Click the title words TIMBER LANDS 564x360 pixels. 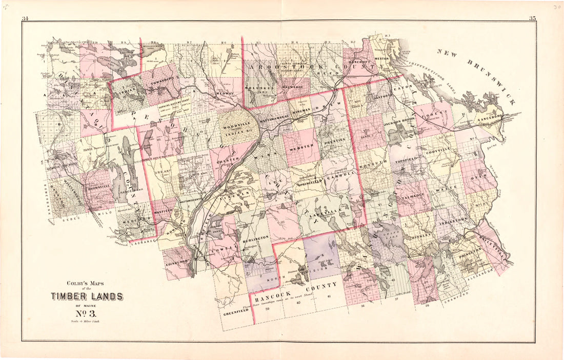click(x=87, y=296)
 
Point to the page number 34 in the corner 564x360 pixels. click(x=25, y=19)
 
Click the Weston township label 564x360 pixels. click(x=382, y=59)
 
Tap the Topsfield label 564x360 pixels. click(x=408, y=160)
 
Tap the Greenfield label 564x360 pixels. click(x=235, y=310)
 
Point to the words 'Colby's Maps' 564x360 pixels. click(x=86, y=284)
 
